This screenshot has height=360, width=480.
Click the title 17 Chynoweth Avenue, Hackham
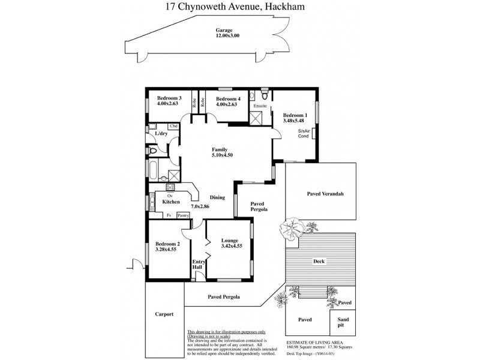[240, 8]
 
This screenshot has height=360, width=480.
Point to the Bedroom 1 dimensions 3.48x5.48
[295, 121]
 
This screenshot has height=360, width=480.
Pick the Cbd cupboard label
[173, 126]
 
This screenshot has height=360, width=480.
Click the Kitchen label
[171, 202]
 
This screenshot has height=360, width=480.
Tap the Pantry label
[183, 215]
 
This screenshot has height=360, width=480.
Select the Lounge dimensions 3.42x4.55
[232, 246]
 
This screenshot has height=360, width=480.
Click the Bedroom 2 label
[167, 244]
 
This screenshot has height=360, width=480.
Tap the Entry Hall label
[199, 265]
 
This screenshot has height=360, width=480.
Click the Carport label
[164, 314]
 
